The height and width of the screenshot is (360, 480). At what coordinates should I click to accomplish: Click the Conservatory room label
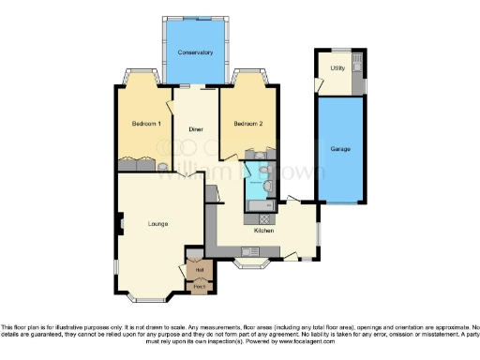point(196,52)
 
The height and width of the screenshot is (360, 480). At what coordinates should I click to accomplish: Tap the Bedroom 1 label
point(146,124)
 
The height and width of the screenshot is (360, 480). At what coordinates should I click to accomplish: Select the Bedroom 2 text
point(247,124)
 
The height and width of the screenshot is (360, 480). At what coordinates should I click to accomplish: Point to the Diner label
point(196,128)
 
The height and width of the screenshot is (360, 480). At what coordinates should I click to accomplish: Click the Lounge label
point(157,223)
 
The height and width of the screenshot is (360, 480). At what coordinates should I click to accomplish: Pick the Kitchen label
point(264,230)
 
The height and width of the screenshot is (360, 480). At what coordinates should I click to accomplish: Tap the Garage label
point(339,149)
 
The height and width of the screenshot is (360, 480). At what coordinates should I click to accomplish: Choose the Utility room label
point(338,69)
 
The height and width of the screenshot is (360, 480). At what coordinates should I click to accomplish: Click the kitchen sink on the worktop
point(249,249)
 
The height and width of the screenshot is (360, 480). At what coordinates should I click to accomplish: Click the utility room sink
point(356,85)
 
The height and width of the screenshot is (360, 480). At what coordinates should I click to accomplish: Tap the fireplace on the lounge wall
point(120,224)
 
